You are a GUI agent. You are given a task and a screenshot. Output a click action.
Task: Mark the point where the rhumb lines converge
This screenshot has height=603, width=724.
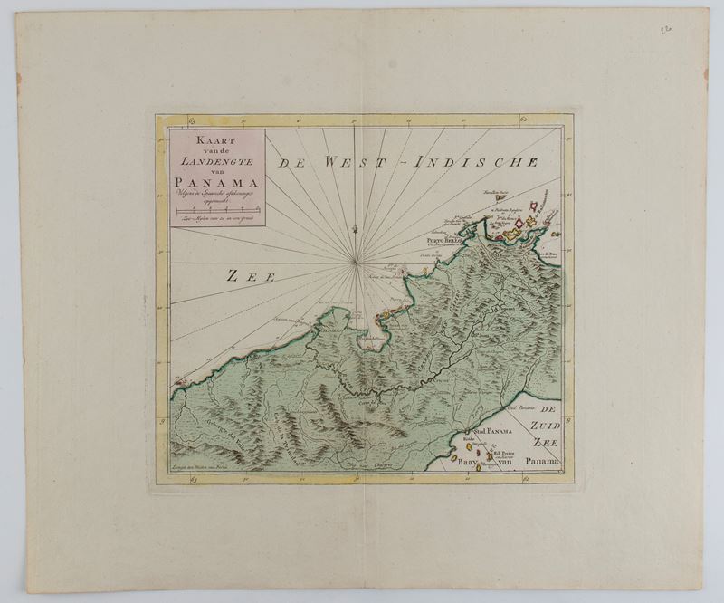(357, 263)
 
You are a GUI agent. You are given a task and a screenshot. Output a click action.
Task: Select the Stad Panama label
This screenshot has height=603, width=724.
(487, 430)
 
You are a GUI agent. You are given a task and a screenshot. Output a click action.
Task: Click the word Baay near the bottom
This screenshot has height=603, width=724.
(468, 463)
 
